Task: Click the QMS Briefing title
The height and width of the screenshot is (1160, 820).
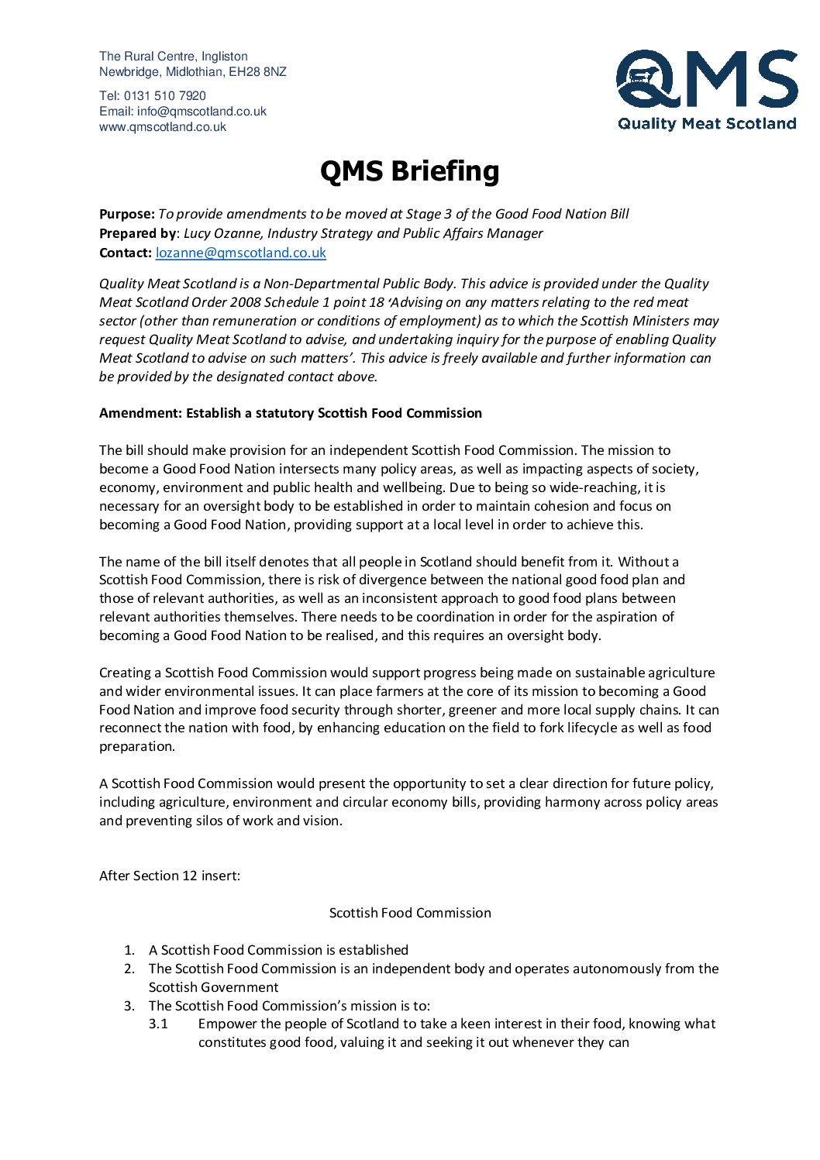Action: [409, 171]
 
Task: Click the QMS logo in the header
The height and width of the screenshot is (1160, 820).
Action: [707, 90]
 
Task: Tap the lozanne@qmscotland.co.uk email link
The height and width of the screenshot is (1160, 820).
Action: [241, 253]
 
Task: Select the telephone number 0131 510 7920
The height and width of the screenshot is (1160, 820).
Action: [165, 96]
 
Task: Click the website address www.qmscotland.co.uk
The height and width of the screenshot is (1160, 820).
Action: [163, 127]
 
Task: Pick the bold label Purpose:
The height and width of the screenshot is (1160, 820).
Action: [127, 214]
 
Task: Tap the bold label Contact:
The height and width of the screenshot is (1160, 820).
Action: [126, 253]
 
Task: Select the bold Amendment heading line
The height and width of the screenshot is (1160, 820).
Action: [291, 413]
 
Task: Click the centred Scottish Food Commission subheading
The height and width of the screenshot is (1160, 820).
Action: [410, 913]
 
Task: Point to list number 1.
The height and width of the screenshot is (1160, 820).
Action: [129, 950]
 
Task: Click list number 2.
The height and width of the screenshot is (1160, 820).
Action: [129, 969]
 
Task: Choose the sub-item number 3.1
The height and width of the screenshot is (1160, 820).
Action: [158, 1024]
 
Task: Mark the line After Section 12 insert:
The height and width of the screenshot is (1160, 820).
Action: [170, 876]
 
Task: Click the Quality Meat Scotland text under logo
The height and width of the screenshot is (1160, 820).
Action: [707, 123]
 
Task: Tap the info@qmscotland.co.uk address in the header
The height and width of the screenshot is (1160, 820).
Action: [202, 112]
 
